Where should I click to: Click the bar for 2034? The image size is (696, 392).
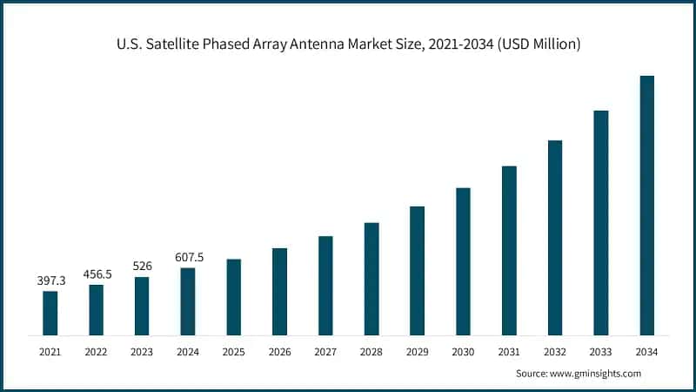[646, 206]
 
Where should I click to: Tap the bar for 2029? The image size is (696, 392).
[418, 271]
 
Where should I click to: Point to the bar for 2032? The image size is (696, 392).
[555, 238]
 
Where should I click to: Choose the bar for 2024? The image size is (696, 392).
[188, 301]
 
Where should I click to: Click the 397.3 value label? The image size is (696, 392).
[50, 281]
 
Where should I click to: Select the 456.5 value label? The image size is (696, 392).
[97, 274]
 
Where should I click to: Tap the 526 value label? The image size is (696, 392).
[142, 267]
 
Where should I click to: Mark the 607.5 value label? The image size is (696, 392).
[188, 257]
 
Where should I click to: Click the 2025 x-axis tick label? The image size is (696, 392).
[234, 352]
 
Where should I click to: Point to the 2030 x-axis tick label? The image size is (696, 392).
[463, 352]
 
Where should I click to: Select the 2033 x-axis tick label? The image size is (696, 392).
[600, 352]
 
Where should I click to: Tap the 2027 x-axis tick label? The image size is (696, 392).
[325, 352]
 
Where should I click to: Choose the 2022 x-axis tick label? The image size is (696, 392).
[97, 352]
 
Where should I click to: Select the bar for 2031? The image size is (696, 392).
[509, 251]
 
